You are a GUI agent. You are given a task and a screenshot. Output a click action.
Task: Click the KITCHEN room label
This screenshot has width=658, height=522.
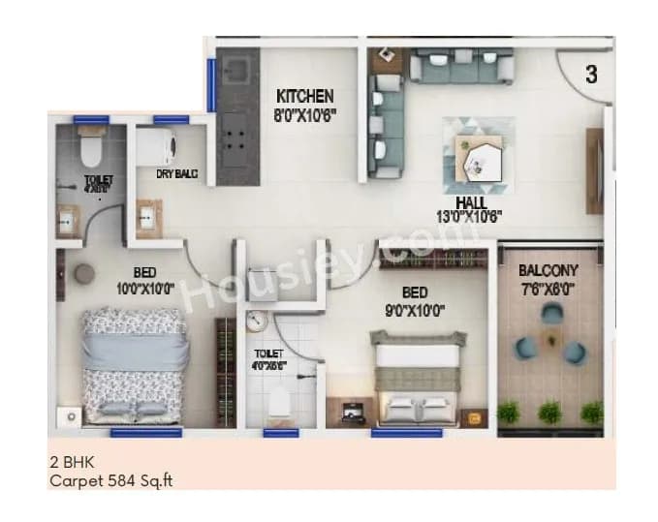point(304,97)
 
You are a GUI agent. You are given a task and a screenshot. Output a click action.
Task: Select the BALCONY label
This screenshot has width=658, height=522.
point(548,271)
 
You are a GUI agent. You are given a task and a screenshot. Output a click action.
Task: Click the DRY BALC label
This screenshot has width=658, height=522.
point(177,174)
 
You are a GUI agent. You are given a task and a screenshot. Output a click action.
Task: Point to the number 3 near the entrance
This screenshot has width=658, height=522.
point(590,73)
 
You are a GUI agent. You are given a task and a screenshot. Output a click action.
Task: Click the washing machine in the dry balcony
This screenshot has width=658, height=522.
point(155,146)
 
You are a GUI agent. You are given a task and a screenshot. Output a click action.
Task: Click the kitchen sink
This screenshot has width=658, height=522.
point(236,69)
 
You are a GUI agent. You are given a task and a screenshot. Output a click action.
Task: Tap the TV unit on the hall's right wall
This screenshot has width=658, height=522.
point(594,170)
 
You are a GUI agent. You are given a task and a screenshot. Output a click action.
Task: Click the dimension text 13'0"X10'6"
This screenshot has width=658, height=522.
point(471,217)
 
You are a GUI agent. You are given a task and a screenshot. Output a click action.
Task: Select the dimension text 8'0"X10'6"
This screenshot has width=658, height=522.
point(306,112)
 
